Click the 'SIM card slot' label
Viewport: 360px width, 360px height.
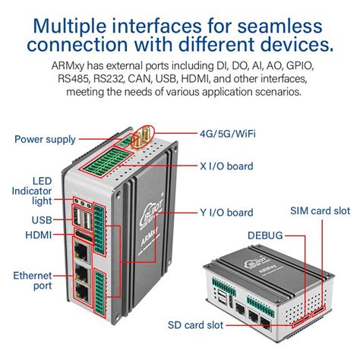(x=320, y=210)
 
